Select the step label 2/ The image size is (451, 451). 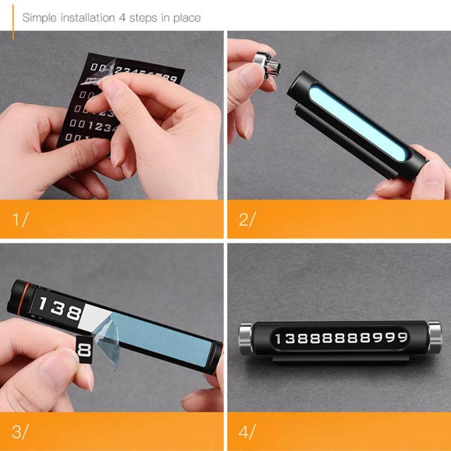(247, 219)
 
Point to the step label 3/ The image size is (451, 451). (20, 432)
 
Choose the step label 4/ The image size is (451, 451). (247, 432)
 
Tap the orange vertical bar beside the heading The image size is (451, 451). (13, 18)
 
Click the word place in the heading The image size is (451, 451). (187, 17)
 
